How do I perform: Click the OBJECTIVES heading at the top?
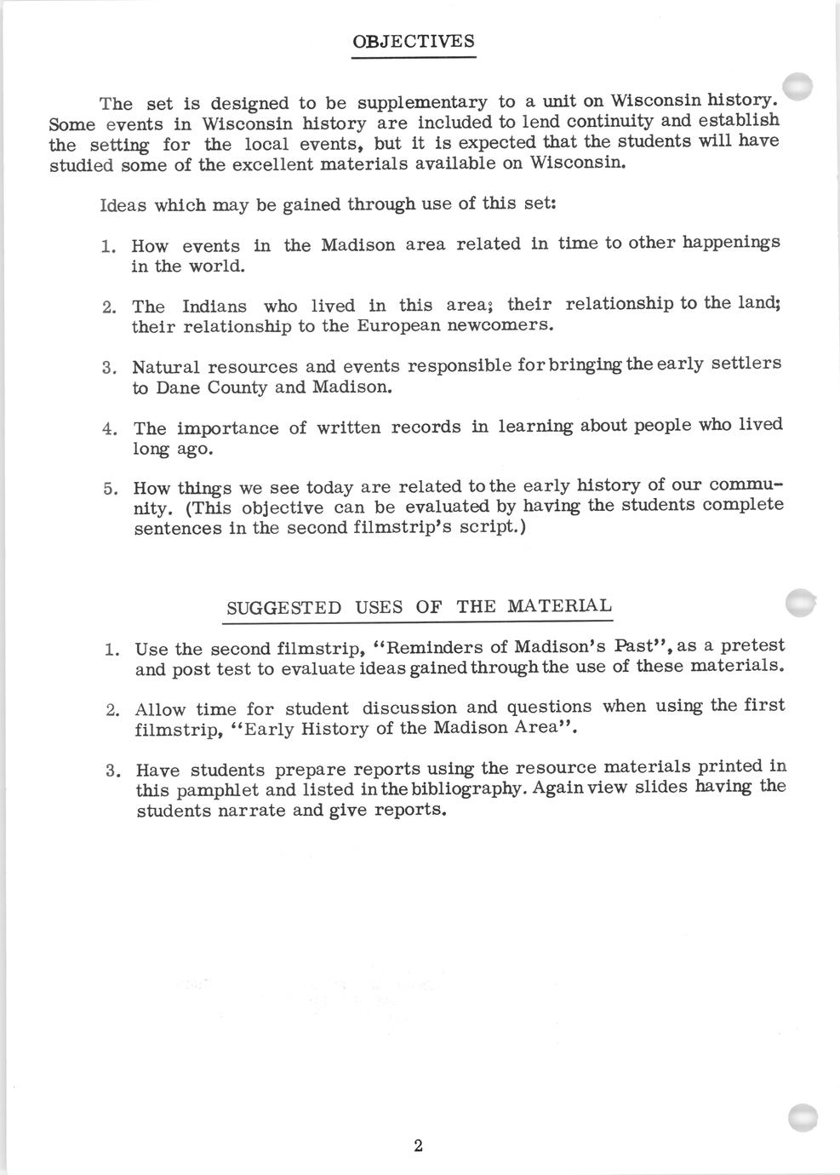414,42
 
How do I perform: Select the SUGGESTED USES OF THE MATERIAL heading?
418,607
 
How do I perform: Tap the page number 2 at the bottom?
418,1145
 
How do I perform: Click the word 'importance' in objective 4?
228,428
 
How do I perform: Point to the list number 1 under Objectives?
108,247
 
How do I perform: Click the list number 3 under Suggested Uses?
112,771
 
